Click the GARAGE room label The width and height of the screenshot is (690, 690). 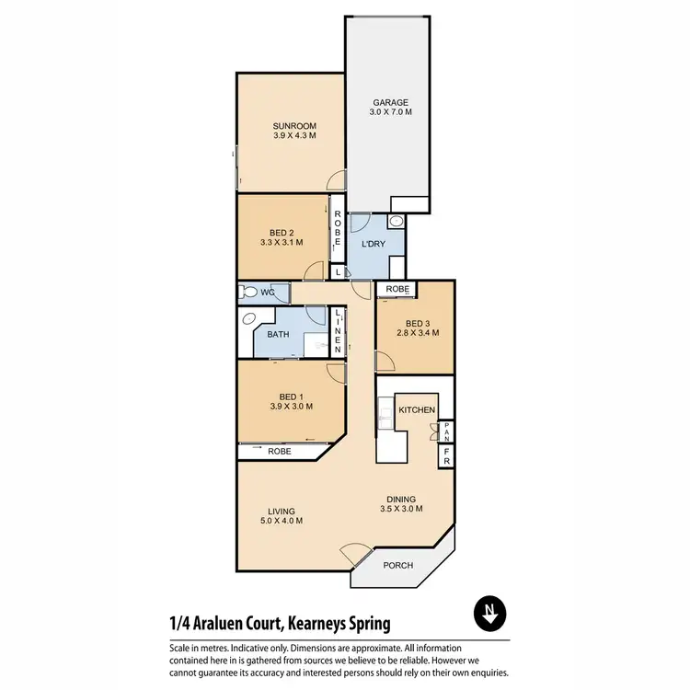click(391, 103)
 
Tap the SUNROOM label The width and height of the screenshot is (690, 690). click(294, 125)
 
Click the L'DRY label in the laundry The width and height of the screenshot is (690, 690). click(373, 244)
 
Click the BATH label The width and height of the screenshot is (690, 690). click(278, 335)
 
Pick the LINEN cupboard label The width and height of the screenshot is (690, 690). click(339, 332)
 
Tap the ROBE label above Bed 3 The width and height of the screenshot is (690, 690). click(397, 289)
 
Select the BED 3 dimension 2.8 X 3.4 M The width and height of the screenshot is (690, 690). click(417, 333)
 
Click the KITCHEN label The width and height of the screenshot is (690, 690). click(416, 410)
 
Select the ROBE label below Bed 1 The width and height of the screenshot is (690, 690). click(280, 452)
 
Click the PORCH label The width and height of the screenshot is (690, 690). click(397, 565)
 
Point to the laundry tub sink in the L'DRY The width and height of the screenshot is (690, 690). click(396, 222)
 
